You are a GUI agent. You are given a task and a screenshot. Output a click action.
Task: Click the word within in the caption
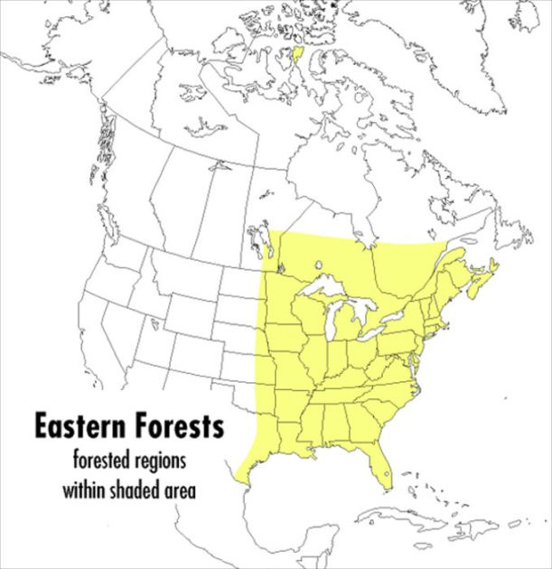tap(85, 492)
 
